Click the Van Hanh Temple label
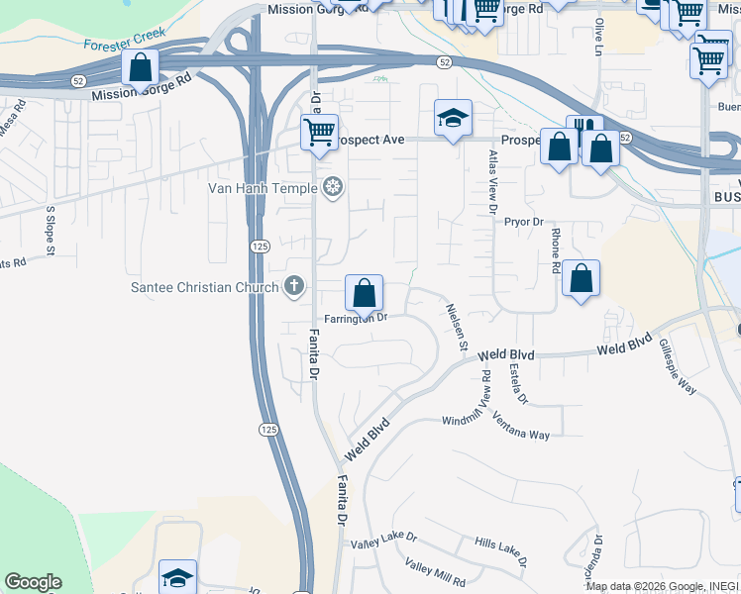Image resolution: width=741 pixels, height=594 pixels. (x=262, y=188)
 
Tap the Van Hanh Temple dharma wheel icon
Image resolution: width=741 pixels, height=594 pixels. (x=334, y=188)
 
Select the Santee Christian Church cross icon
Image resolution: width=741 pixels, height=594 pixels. (x=293, y=287)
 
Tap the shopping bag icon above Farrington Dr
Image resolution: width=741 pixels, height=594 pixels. (x=365, y=293)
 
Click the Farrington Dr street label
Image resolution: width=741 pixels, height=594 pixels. (x=354, y=318)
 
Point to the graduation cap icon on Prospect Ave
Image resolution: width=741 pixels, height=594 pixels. (x=453, y=119)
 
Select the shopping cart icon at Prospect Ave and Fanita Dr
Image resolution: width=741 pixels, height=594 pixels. (x=320, y=133)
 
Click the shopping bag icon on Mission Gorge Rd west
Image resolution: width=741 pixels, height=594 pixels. (x=140, y=68)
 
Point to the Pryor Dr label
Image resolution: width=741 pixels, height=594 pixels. (x=524, y=223)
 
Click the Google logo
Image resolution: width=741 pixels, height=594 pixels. (x=33, y=582)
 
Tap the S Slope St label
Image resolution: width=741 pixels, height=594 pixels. (x=49, y=228)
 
